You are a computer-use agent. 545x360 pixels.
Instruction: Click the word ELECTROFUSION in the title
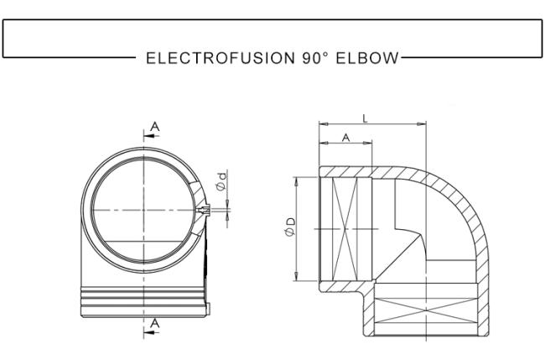[x=221, y=58]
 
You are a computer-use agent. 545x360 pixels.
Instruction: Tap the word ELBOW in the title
[x=367, y=58]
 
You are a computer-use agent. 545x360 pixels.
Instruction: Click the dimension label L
[x=365, y=119]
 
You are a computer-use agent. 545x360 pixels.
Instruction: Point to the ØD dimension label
[x=290, y=227]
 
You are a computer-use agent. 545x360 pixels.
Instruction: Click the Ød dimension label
[x=221, y=181]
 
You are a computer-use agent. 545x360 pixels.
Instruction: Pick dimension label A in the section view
[x=345, y=138]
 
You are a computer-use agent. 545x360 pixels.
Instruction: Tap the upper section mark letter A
[x=154, y=127]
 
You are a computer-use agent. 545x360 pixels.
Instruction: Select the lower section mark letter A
[x=154, y=323]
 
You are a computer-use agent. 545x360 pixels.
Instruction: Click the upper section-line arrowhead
[x=148, y=136]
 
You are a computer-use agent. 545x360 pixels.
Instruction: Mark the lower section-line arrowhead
[x=148, y=333]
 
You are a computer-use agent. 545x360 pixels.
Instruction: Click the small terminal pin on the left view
[x=205, y=210]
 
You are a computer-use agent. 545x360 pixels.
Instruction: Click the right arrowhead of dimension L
[x=422, y=123]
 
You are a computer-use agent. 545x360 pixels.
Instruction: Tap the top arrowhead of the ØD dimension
[x=296, y=181]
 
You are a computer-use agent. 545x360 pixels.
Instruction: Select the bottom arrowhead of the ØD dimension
[x=296, y=276]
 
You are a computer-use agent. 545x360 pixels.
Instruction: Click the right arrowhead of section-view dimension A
[x=368, y=143]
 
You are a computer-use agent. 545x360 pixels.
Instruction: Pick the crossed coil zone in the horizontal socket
[x=345, y=229]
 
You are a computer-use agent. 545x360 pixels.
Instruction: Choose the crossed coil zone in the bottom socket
[x=426, y=310]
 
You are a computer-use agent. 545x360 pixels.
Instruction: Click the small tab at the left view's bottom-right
[x=208, y=309]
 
